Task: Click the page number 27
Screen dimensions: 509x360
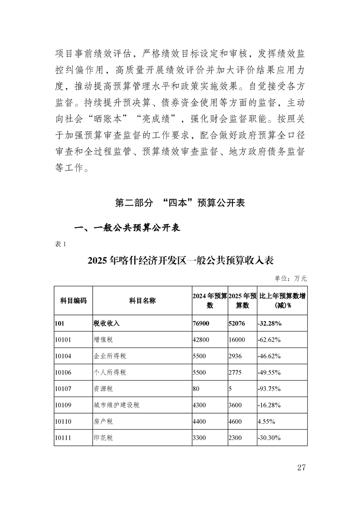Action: pos(301,468)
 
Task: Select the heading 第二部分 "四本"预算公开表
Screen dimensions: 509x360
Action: pos(180,203)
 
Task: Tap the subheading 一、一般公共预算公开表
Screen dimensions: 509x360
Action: pos(128,228)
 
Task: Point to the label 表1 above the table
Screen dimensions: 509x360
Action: pos(60,244)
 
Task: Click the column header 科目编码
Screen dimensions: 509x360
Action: pos(73,300)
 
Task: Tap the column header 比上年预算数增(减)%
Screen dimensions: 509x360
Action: pos(282,300)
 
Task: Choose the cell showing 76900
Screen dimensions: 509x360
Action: pos(202,323)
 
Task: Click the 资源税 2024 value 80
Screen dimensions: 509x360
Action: pos(197,389)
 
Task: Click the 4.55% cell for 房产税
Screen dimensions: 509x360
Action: pos(266,421)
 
